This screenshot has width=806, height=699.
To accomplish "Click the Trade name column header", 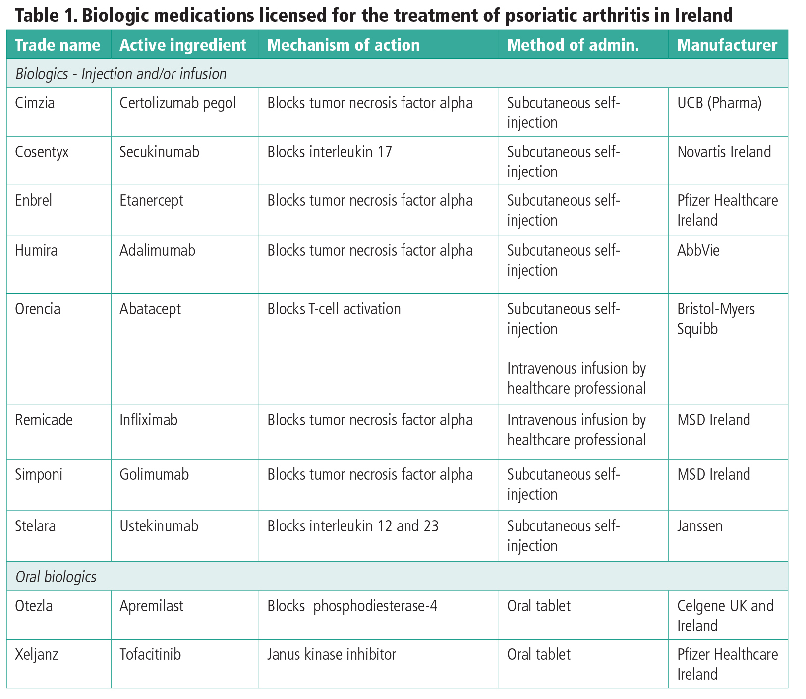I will pos(58,45).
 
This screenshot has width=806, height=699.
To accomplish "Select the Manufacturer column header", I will pos(727,45).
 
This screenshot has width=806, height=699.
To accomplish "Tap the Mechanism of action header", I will pos(343,45).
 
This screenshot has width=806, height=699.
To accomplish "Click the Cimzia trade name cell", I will pos(35,103).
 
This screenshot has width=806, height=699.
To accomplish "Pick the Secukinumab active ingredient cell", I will pos(159,152).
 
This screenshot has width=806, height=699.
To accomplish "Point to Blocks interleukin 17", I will pos(329,152).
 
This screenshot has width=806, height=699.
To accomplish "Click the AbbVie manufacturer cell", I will pos(698,250).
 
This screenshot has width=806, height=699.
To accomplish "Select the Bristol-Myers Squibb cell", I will pos(715,319).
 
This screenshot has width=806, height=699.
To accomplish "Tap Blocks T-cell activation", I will pos(334,309).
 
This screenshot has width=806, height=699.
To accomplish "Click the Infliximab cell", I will pos(148,420).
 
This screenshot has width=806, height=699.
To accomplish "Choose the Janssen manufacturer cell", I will pos(699,525).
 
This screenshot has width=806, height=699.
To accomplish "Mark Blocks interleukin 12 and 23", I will pos(352,525).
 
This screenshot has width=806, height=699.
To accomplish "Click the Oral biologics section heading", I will pos(56,577).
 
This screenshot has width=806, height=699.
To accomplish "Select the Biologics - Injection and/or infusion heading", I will pos(120,74).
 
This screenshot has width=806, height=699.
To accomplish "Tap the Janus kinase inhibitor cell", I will pos(331,654).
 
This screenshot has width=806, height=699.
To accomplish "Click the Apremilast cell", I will pos(151,606).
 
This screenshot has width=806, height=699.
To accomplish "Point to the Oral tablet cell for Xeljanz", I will pos(538,654).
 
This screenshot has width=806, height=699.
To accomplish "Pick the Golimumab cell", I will pos(154,475).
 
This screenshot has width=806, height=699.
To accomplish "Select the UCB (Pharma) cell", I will pos(719,103).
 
